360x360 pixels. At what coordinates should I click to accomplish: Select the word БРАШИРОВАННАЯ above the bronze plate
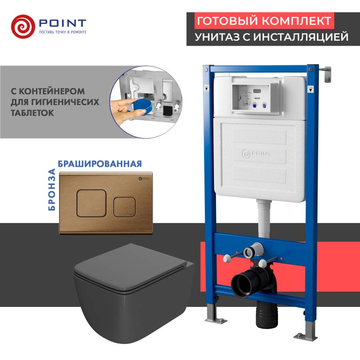point(100,164)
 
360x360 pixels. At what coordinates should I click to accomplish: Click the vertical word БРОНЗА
point(51,190)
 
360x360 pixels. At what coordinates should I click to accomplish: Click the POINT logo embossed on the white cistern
point(256,154)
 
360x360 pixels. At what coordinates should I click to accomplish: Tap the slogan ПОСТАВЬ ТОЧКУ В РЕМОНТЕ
point(62,31)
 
